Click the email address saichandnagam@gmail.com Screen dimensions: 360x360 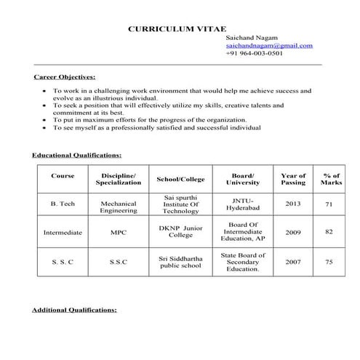click(x=269, y=45)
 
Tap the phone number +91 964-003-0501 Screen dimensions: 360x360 click(x=255, y=53)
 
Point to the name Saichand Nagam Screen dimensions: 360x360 click(x=251, y=37)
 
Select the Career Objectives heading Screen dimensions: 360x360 click(x=65, y=76)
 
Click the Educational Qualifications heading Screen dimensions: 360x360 click(x=76, y=155)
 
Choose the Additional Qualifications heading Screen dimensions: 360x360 click(x=74, y=310)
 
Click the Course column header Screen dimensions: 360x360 click(x=63, y=176)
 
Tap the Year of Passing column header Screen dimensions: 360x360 click(x=293, y=179)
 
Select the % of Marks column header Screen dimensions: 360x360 click(x=332, y=179)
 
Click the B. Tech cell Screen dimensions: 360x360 click(x=63, y=204)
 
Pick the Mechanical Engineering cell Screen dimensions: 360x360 click(x=119, y=207)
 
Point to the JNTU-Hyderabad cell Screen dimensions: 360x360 click(x=242, y=203)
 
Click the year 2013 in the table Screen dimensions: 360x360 click(x=293, y=204)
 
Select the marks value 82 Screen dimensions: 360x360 click(x=329, y=231)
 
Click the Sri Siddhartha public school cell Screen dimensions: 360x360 click(x=180, y=262)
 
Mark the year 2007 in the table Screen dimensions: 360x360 click(x=293, y=261)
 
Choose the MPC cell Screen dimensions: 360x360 click(x=119, y=233)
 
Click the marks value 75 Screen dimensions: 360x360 click(x=329, y=262)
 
